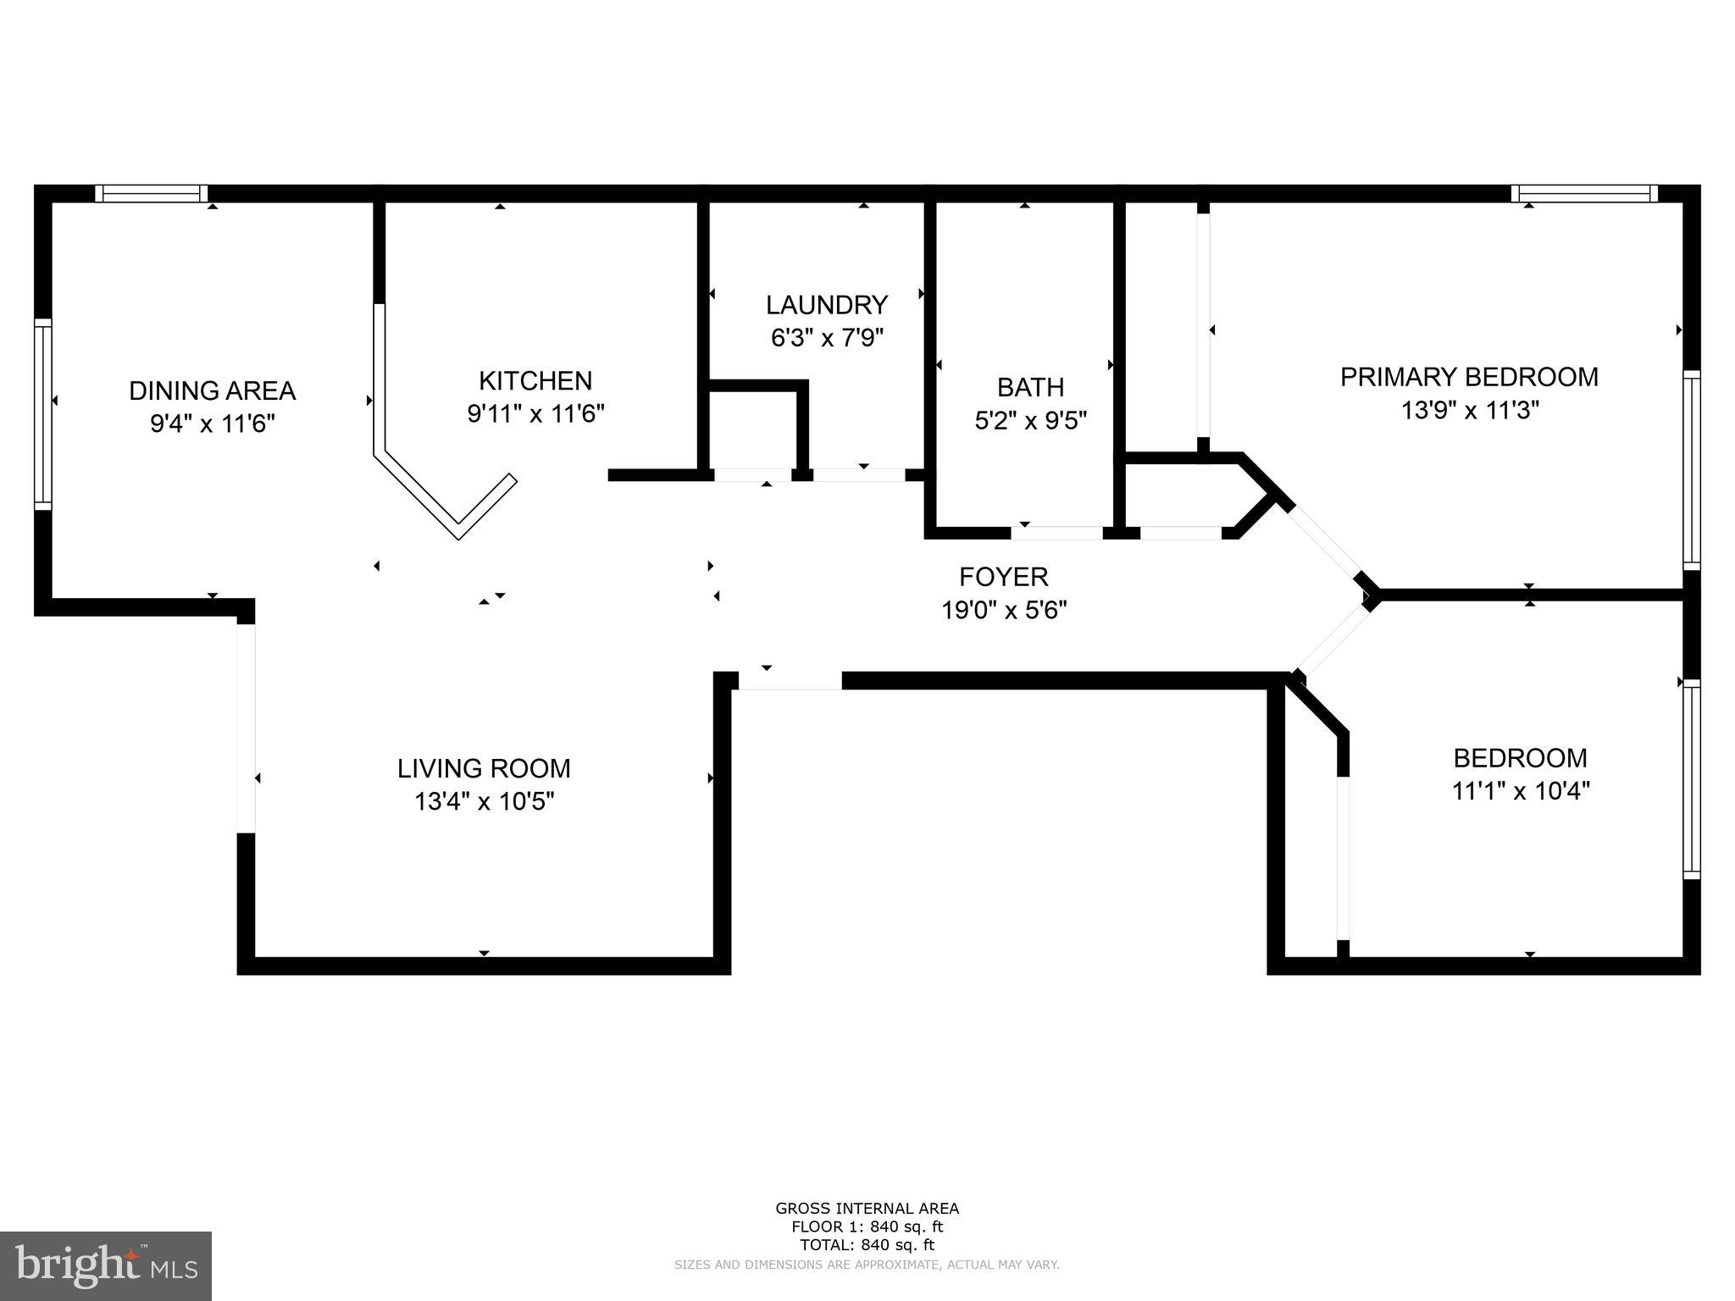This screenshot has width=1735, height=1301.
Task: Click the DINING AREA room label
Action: pos(212,390)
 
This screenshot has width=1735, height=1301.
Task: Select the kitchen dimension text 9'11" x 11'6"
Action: pos(535,414)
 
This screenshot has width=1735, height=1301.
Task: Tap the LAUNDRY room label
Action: pos(826,305)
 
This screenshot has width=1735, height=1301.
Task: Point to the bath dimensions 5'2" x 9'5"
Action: pos(1030,421)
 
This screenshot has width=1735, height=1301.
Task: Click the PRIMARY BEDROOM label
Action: pos(1469,377)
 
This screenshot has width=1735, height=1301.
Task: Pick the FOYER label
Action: pos(1003,577)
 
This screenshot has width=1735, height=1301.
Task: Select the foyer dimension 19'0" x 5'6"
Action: pos(1003,610)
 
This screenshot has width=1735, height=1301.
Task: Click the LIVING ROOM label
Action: pos(484,768)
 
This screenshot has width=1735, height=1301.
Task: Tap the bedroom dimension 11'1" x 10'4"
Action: pos(1520,791)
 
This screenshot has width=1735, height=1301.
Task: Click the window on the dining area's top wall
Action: pos(151,194)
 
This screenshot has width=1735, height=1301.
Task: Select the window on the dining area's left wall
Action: pos(43,414)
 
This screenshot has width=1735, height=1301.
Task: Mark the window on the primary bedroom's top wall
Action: pos(1583,194)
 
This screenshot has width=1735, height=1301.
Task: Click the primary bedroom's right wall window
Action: pos(1691,470)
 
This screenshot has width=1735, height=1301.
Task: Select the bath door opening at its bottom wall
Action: pos(1057,533)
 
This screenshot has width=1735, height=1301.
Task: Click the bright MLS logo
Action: pos(106,1265)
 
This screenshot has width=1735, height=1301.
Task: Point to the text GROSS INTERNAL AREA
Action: pos(867,1209)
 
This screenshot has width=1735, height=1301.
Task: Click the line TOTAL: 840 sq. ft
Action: pos(867,1245)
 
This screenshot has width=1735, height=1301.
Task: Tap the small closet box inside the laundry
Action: pos(752,428)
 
